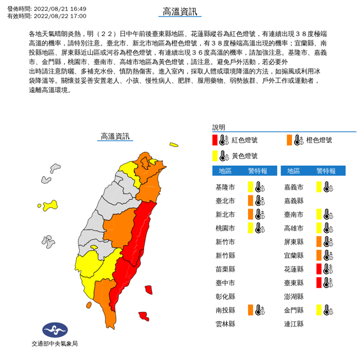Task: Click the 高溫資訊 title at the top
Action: [x=179, y=12]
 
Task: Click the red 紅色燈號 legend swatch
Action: [x=215, y=140]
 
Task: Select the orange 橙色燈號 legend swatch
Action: [x=289, y=140]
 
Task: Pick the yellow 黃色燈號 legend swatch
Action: [x=215, y=155]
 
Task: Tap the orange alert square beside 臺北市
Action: [x=250, y=200]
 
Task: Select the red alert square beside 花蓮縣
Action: [x=319, y=269]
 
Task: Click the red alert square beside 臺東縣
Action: [x=319, y=283]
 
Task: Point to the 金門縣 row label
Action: [x=294, y=310]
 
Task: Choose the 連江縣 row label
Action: [x=294, y=324]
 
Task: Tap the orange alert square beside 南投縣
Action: [x=250, y=310]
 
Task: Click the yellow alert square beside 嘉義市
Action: [x=319, y=187]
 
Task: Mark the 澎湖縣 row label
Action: [x=294, y=296]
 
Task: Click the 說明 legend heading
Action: [x=219, y=126]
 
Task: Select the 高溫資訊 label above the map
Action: [x=115, y=136]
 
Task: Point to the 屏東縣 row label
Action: [x=294, y=241]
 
